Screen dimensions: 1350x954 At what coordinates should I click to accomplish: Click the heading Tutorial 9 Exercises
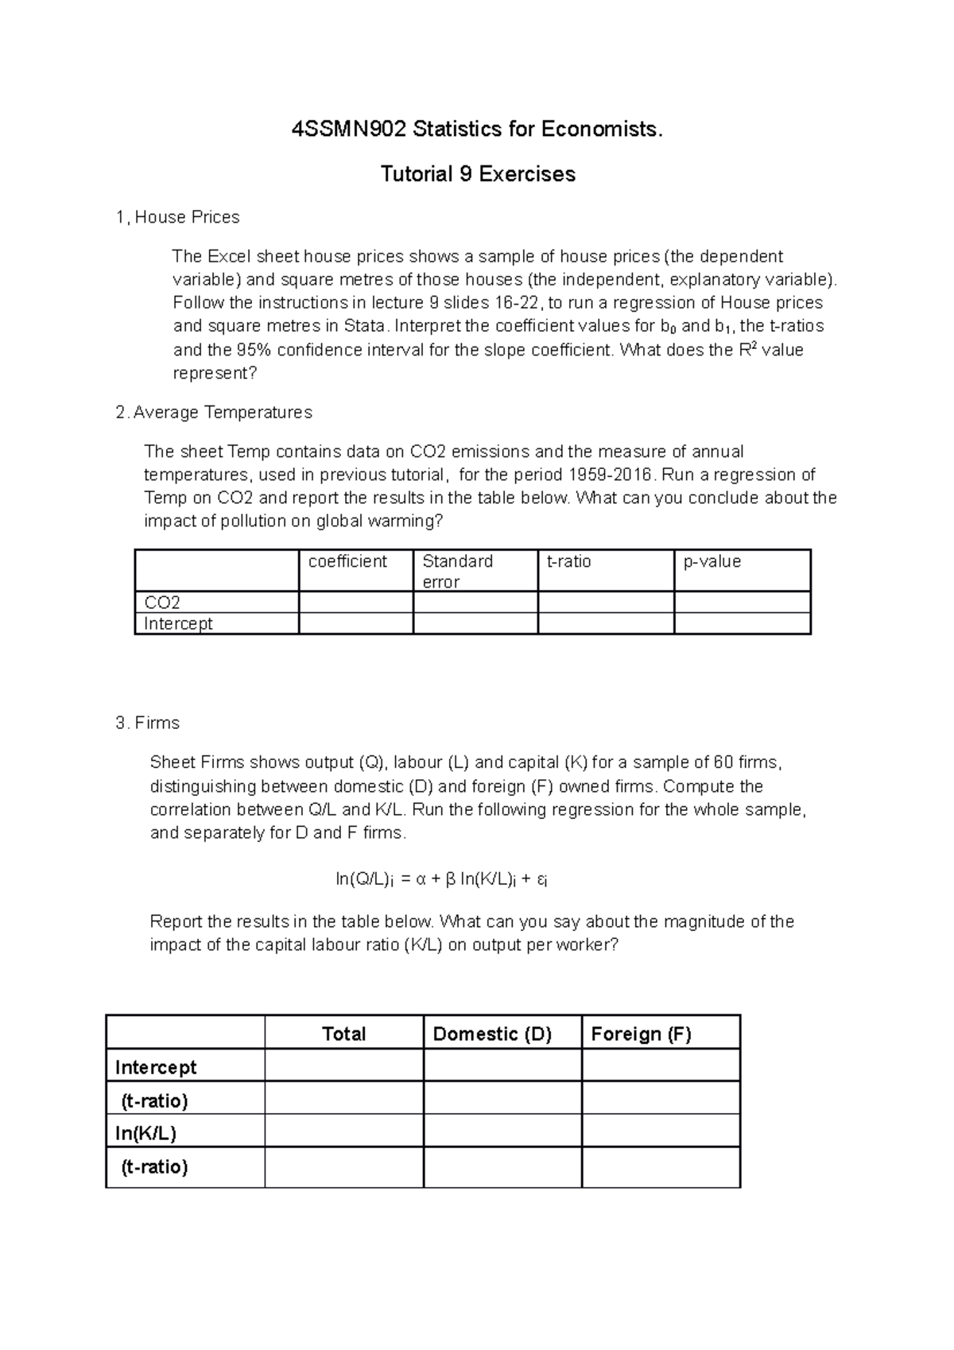tap(478, 174)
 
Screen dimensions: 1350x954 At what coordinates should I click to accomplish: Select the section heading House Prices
tap(186, 217)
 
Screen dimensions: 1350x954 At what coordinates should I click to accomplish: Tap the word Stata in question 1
tap(366, 326)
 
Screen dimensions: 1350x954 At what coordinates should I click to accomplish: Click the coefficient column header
tap(347, 561)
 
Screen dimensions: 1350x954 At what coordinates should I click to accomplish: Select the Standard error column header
tap(457, 571)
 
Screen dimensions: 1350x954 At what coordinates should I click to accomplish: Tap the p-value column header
tap(712, 561)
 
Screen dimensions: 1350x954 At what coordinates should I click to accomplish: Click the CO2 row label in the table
tap(162, 603)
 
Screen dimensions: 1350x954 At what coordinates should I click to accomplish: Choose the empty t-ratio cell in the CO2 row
tap(605, 603)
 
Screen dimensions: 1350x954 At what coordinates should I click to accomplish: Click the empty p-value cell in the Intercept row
tap(741, 623)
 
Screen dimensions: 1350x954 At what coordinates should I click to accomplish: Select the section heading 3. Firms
tap(148, 723)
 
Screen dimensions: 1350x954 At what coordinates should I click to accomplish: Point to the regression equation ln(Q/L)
tap(442, 879)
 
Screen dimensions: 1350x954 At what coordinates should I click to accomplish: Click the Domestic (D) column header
tap(492, 1034)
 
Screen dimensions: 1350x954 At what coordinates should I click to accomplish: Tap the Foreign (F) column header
tap(641, 1034)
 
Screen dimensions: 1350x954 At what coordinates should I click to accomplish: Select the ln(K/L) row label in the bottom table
tap(145, 1133)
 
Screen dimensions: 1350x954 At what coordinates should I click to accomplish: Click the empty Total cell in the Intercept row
tap(343, 1066)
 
